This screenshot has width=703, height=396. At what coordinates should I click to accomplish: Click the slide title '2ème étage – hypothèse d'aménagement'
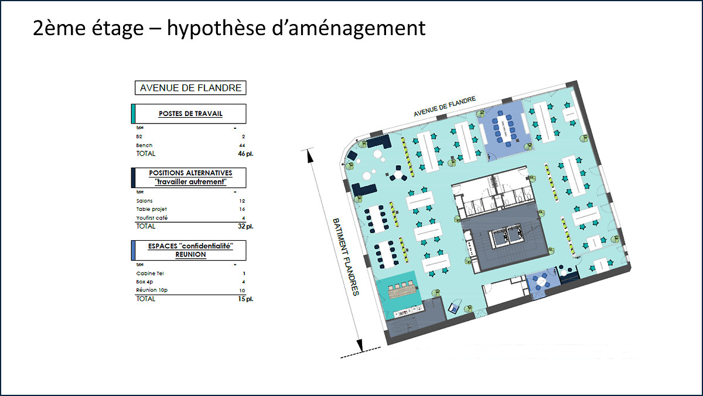(x=229, y=28)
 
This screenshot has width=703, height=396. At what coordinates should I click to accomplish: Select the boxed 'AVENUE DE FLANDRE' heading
(x=190, y=88)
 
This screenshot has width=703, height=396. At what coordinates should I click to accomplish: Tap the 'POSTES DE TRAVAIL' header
(x=190, y=114)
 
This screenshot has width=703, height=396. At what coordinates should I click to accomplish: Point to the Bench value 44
(x=242, y=145)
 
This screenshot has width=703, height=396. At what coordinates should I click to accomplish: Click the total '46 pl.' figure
(x=245, y=153)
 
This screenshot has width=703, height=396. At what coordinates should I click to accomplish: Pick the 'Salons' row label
(x=144, y=201)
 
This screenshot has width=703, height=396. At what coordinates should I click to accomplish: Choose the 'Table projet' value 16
(x=242, y=209)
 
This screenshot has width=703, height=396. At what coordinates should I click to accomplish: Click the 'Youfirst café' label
(x=152, y=218)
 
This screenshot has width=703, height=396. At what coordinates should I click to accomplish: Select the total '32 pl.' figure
(x=245, y=226)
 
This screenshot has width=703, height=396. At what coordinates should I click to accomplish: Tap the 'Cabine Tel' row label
(x=150, y=274)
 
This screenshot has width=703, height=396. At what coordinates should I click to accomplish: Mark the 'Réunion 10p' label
(x=152, y=290)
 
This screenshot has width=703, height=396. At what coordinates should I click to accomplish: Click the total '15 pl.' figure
(x=245, y=299)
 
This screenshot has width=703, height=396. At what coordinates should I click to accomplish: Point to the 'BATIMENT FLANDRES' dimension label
(x=346, y=257)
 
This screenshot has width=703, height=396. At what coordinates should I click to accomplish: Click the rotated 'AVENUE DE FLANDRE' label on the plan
(x=445, y=107)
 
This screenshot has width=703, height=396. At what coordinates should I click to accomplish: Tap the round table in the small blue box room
(x=541, y=280)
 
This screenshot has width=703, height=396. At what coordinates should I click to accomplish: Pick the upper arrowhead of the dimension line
(x=310, y=156)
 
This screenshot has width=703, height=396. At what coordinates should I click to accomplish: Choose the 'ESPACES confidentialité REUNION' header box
(x=189, y=250)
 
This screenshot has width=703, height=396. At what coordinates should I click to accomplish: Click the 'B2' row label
(x=139, y=136)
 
